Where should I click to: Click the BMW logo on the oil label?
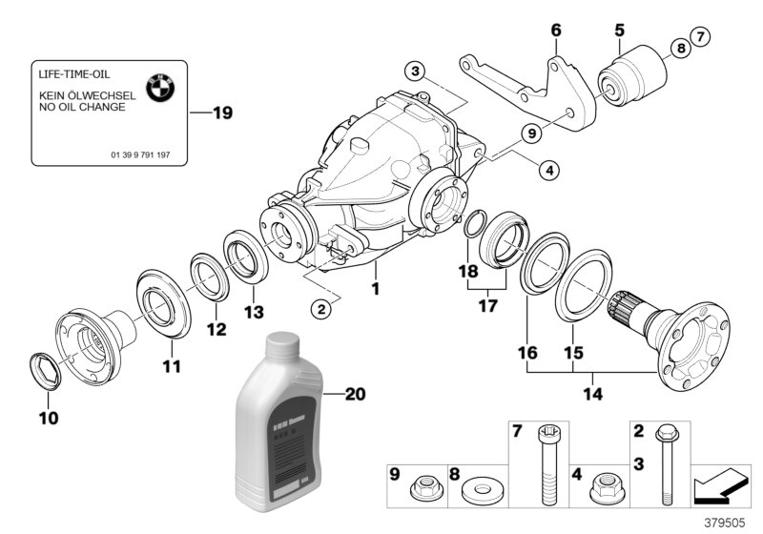161,89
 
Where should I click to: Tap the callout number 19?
221,113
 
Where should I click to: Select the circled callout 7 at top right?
701,37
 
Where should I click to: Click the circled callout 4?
547,171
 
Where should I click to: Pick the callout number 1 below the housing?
376,287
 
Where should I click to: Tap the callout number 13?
252,314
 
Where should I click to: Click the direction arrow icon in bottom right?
718,484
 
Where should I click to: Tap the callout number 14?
593,391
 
